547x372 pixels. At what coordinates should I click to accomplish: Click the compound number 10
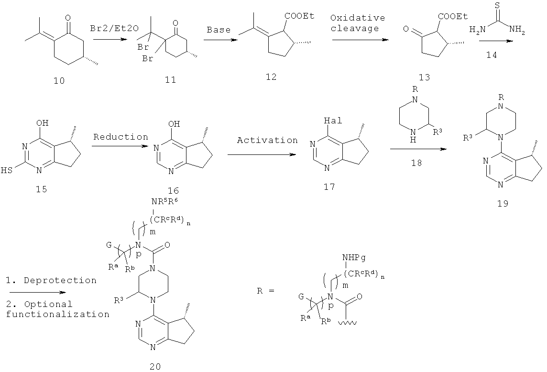[x=59, y=81]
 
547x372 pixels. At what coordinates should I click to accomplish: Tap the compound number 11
[x=170, y=80]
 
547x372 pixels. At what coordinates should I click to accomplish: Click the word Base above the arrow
[x=219, y=30]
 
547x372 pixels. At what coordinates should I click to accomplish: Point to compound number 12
[x=271, y=77]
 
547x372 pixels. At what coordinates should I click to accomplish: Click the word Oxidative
[x=358, y=18]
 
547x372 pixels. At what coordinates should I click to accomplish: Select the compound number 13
[x=424, y=77]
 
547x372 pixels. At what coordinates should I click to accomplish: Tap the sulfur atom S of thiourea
[x=497, y=6]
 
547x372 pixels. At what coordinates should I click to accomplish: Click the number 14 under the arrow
[x=491, y=55]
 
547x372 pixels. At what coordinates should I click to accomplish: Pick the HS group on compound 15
[x=7, y=170]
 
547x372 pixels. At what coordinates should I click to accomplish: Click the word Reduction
[x=120, y=137]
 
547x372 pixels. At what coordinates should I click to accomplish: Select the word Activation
[x=268, y=140]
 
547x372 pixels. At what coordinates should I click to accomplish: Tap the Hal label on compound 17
[x=333, y=121]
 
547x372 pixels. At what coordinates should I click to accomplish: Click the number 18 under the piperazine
[x=416, y=163]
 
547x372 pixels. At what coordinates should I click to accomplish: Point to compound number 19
[x=503, y=203]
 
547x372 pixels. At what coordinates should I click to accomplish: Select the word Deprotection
[x=60, y=281]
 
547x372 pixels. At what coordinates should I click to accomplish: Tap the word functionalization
[x=57, y=315]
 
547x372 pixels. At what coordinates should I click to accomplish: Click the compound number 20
[x=155, y=366]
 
